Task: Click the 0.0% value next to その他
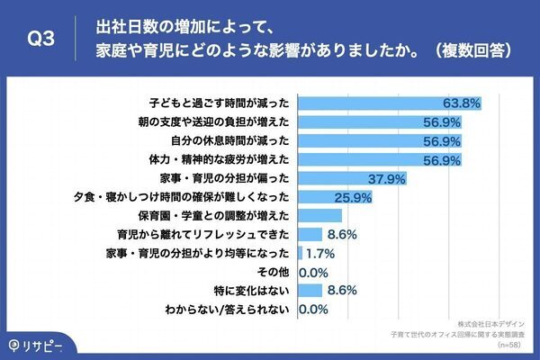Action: point(313,272)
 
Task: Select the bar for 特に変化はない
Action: point(309,291)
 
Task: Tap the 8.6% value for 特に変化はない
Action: point(343,291)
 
